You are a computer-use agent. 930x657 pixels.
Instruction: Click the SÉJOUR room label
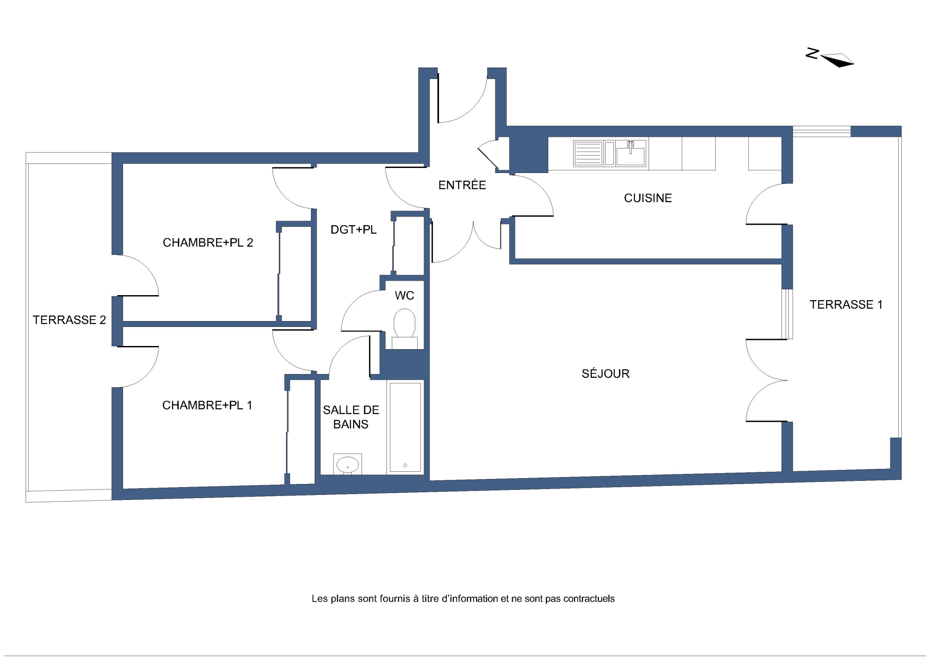point(605,373)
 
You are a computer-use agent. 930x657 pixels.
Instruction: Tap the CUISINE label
point(648,198)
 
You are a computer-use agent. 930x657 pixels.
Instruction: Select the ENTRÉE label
point(462,184)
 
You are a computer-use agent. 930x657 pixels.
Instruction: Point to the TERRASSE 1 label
point(846,304)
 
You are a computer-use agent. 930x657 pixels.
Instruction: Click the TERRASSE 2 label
point(69,320)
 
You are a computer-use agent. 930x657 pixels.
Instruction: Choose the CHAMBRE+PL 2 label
point(208,242)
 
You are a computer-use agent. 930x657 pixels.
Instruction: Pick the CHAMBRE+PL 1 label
point(207,405)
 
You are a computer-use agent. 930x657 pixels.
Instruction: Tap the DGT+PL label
point(353,230)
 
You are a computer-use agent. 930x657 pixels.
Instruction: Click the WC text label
point(404,296)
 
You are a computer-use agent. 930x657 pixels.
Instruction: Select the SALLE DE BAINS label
point(351,417)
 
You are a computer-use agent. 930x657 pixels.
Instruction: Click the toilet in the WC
point(404,329)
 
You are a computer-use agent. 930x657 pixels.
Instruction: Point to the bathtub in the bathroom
point(406,427)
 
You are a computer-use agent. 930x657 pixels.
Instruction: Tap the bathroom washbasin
point(347,464)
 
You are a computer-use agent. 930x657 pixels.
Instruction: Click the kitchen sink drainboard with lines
point(588,153)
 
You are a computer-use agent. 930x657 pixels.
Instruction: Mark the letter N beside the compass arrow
point(812,54)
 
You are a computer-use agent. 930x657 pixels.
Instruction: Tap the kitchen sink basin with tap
point(631,153)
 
